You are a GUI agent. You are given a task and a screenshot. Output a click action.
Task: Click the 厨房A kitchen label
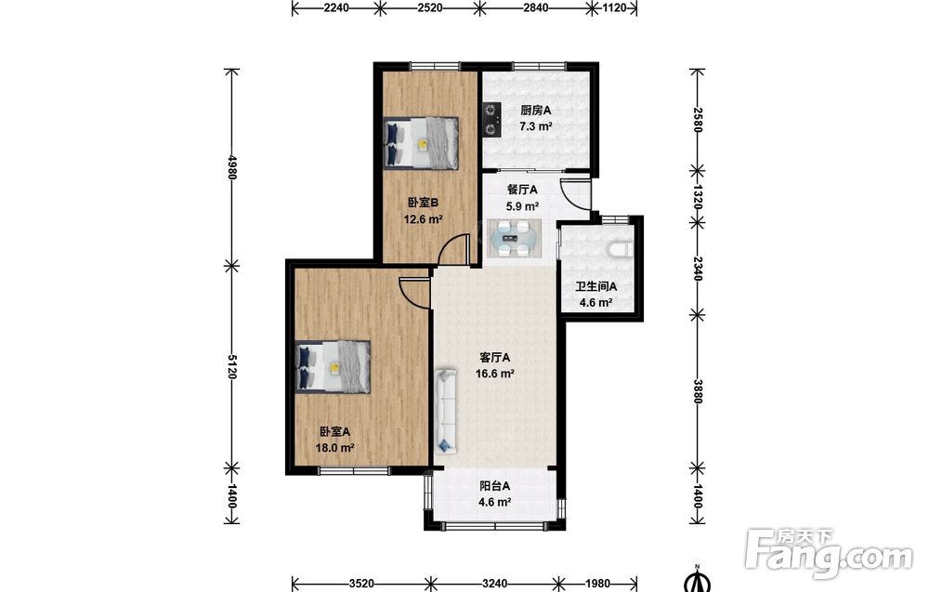[536, 111]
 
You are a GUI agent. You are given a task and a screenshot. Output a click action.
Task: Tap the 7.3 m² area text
[536, 126]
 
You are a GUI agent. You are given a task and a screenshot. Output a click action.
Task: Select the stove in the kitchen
[491, 120]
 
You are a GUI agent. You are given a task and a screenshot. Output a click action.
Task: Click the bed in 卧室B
[421, 143]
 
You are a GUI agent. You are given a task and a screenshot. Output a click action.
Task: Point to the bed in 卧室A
[333, 367]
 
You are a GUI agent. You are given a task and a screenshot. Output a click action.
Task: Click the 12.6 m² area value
[423, 219]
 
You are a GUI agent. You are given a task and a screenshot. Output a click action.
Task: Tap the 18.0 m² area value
[334, 448]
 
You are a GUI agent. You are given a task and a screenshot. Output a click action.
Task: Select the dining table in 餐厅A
[514, 238]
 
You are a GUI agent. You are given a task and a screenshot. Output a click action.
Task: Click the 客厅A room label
[494, 358]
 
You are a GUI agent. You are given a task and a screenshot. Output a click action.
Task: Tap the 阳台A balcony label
[495, 487]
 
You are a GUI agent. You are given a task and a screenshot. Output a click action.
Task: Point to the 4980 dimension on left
[231, 167]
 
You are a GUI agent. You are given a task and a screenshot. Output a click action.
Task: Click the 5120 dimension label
[231, 367]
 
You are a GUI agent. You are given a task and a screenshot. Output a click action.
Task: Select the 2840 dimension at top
[536, 7]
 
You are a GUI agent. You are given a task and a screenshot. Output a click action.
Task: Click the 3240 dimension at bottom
[494, 584]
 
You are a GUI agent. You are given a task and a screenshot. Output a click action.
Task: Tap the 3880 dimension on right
[698, 391]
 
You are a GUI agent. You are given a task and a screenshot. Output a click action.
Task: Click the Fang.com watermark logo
[829, 554]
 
